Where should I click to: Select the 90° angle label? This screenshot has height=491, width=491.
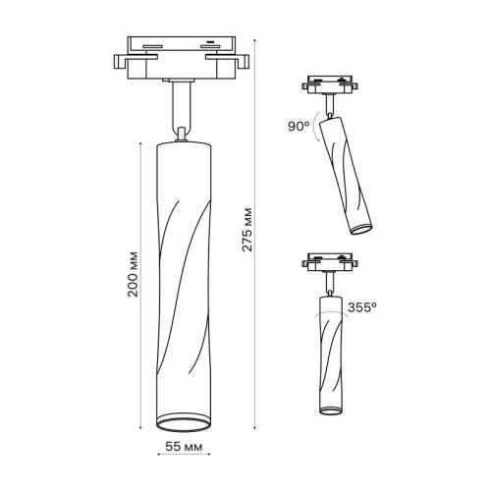pyautogui.click(x=299, y=128)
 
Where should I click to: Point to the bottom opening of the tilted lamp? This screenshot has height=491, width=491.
pyautogui.click(x=361, y=230)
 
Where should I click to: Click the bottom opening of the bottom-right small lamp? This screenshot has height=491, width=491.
pyautogui.click(x=329, y=410)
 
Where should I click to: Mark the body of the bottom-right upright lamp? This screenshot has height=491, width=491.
pyautogui.click(x=330, y=354)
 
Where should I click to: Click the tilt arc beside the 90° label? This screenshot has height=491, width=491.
pyautogui.click(x=318, y=135)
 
